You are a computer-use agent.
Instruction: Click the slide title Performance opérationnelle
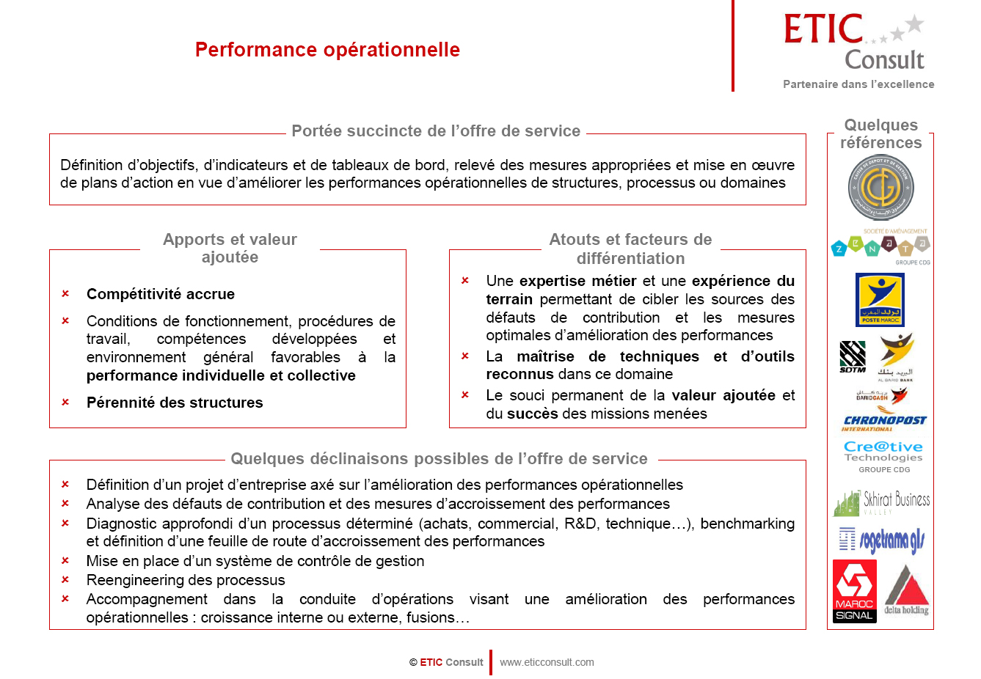(x=327, y=50)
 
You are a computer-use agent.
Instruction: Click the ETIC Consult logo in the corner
(x=856, y=43)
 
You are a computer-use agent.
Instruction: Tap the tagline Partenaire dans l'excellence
(x=858, y=84)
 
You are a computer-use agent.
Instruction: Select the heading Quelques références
(x=880, y=133)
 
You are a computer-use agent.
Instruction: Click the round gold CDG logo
(x=880, y=188)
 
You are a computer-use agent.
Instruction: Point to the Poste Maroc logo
(x=880, y=299)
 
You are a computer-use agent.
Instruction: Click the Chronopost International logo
(x=884, y=422)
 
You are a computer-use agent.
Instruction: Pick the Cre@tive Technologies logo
(x=883, y=452)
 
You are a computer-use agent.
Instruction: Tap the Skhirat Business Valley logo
(x=881, y=502)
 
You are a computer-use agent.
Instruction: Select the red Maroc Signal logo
(x=854, y=591)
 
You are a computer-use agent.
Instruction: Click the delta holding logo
(x=907, y=590)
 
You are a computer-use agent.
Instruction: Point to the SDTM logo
(x=853, y=357)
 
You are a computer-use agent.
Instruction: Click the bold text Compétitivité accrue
(x=161, y=294)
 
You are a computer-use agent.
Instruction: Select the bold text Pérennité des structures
(x=175, y=403)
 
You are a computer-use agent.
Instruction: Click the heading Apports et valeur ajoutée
(x=230, y=248)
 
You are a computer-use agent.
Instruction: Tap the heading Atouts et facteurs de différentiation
(x=630, y=249)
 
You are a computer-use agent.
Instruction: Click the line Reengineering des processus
(x=186, y=580)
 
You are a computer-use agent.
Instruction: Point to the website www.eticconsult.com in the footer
(x=547, y=662)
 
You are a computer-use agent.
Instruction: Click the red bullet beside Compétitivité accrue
(x=65, y=294)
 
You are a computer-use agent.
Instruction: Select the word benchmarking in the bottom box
(x=747, y=524)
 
